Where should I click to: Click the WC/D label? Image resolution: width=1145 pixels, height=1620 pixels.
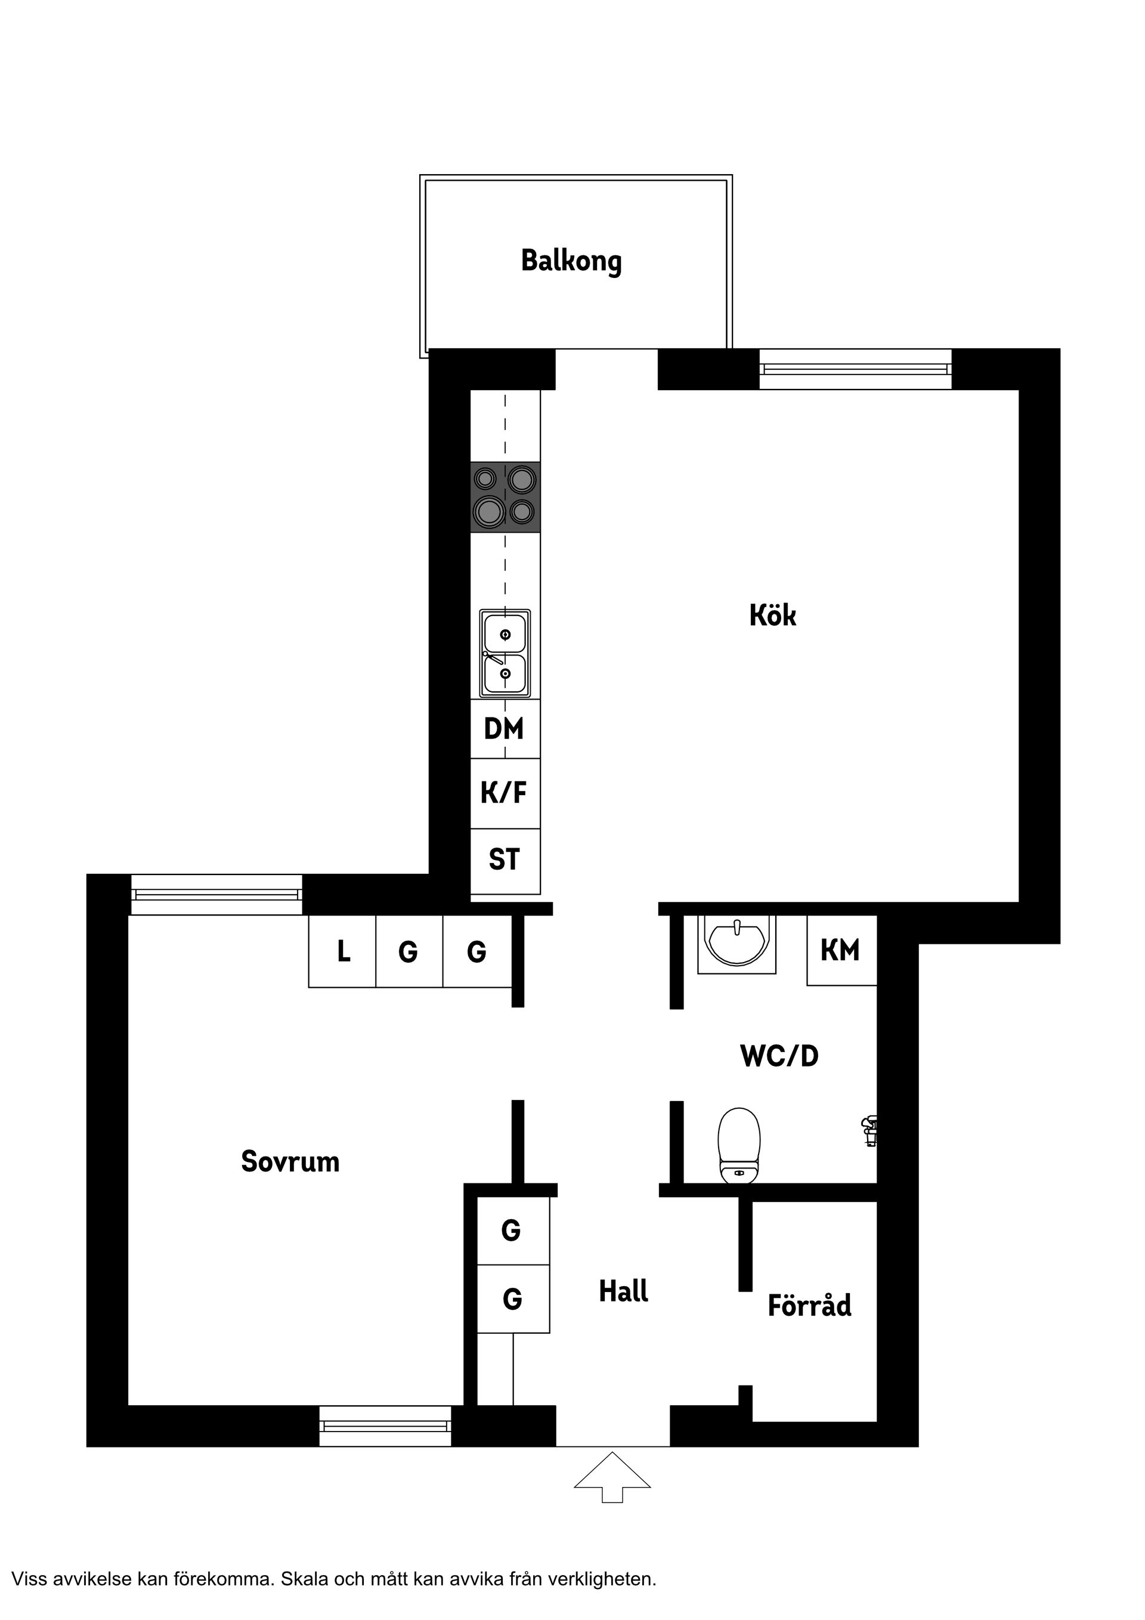click(x=779, y=1056)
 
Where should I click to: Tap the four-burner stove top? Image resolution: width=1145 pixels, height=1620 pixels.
click(x=505, y=497)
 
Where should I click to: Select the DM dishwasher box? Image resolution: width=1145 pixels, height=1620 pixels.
click(x=505, y=729)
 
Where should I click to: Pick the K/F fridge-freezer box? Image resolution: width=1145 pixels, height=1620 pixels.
click(x=505, y=793)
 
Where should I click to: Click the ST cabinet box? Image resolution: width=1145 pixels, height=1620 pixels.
click(x=505, y=860)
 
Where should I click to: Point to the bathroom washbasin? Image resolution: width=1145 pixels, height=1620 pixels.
click(x=736, y=942)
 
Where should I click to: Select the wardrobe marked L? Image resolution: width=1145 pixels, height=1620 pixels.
click(x=343, y=952)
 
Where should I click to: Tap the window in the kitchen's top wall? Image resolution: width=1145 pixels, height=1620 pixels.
click(x=855, y=369)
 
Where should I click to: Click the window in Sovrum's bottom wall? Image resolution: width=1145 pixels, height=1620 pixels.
click(x=385, y=1426)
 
